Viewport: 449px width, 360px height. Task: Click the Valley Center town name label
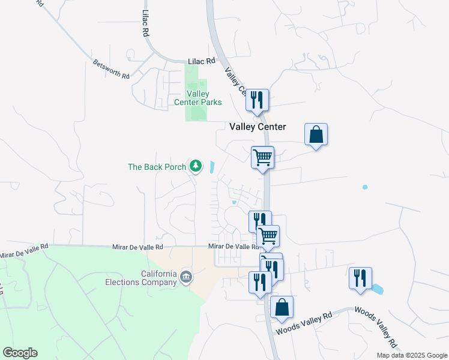tap(258, 127)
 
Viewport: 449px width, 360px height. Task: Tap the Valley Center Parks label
tap(197, 98)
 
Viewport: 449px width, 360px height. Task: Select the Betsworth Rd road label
tap(111, 68)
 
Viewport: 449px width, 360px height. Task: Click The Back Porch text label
tap(157, 167)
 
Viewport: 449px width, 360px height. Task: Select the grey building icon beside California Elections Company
tap(186, 277)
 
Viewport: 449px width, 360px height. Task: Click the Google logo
tap(20, 353)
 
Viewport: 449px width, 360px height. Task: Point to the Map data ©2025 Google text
tap(412, 355)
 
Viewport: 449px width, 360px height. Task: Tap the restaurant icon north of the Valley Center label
tap(257, 100)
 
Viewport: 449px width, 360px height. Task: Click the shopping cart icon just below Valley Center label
tap(262, 157)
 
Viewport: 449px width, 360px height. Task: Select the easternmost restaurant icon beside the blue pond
tap(360, 278)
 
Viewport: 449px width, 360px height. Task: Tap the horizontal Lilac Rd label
tap(201, 61)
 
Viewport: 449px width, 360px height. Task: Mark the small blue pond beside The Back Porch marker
tap(212, 167)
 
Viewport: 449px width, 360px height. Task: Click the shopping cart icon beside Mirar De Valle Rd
tap(268, 236)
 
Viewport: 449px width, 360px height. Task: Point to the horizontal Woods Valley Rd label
tap(304, 323)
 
